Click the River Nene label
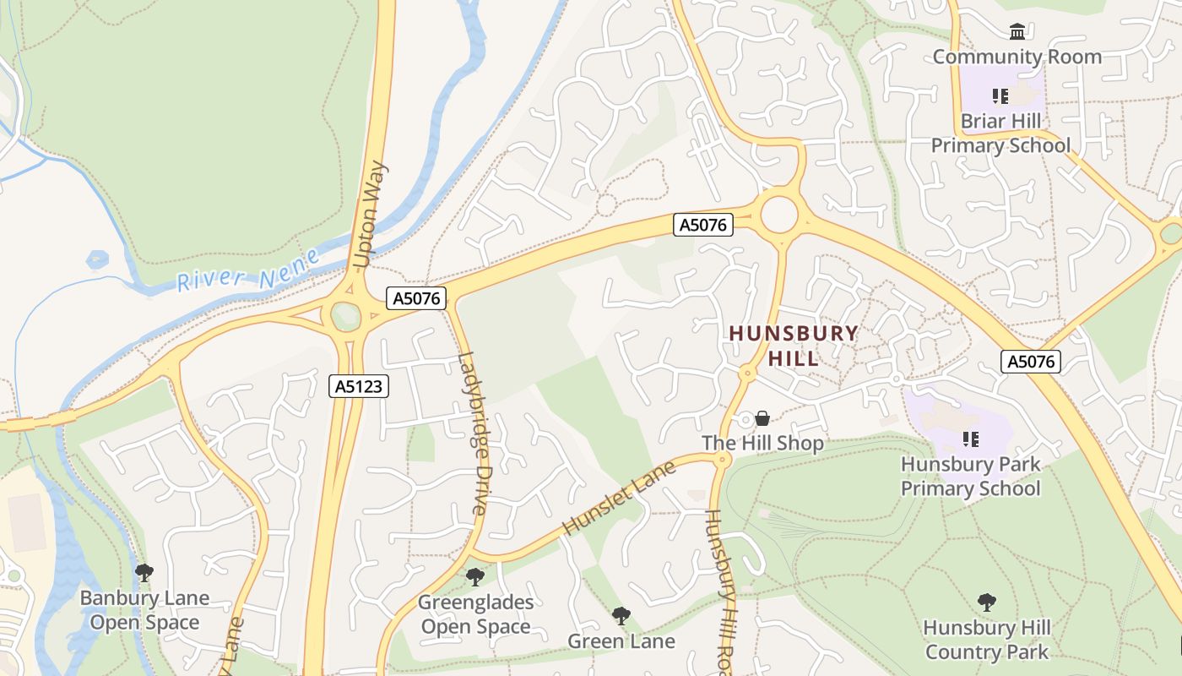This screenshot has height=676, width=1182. [248, 270]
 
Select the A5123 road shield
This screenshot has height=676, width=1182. [359, 386]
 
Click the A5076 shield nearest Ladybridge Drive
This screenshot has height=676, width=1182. [416, 297]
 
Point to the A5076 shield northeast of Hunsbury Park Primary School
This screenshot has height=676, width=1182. [1031, 362]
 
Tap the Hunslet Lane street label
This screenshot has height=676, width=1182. [619, 498]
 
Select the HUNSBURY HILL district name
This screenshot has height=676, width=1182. [794, 346]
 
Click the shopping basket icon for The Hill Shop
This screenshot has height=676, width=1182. [762, 418]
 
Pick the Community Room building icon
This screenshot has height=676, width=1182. [1017, 32]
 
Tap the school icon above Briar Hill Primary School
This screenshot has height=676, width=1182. [1001, 96]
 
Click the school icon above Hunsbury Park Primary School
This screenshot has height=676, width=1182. [971, 439]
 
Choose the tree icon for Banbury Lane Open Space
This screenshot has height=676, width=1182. [144, 573]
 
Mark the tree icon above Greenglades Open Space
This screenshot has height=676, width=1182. [475, 577]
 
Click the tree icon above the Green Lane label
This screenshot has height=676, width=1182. [621, 615]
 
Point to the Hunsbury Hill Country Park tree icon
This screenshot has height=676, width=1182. [986, 602]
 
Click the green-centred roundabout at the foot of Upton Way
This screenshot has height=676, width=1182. [346, 317]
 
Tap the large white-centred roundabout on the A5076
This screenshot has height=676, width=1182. [778, 215]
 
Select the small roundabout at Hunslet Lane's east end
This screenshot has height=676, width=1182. [723, 460]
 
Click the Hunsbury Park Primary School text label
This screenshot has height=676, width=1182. [971, 477]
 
